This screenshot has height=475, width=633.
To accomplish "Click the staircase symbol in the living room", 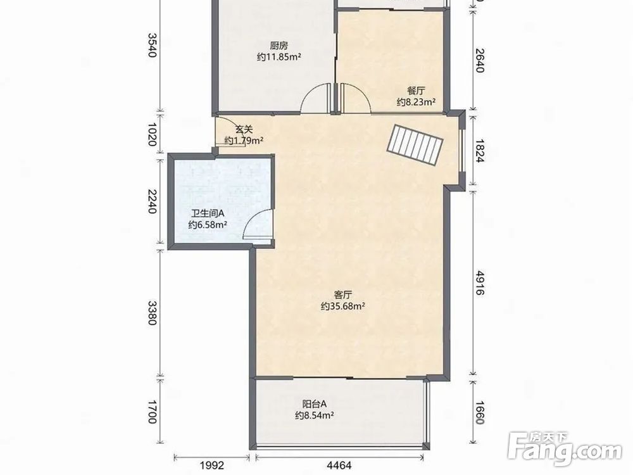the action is click(x=415, y=144).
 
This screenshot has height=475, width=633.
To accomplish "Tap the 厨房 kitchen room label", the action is click(x=279, y=45).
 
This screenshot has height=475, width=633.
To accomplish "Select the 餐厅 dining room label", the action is click(x=416, y=91).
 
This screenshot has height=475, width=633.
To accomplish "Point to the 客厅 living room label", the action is click(x=343, y=294).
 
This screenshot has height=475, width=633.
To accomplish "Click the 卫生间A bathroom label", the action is click(x=208, y=213).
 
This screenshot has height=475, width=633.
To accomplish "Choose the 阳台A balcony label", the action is click(x=314, y=403).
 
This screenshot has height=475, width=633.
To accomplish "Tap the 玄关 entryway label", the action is click(x=244, y=130).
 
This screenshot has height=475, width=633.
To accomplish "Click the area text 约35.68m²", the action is click(x=343, y=307).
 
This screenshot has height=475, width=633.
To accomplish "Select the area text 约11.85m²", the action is click(x=279, y=57).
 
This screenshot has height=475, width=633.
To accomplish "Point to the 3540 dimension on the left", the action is click(x=151, y=45).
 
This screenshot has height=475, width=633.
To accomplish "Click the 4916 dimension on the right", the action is click(x=480, y=282).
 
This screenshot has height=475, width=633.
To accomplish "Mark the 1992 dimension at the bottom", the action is click(x=212, y=465).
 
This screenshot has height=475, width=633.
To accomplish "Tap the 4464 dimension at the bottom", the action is click(x=339, y=465).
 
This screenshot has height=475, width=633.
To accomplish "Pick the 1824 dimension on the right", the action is click(x=480, y=151).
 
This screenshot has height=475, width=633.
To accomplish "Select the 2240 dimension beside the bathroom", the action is click(x=151, y=201).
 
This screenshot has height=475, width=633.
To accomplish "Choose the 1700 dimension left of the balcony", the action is click(x=151, y=412).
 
